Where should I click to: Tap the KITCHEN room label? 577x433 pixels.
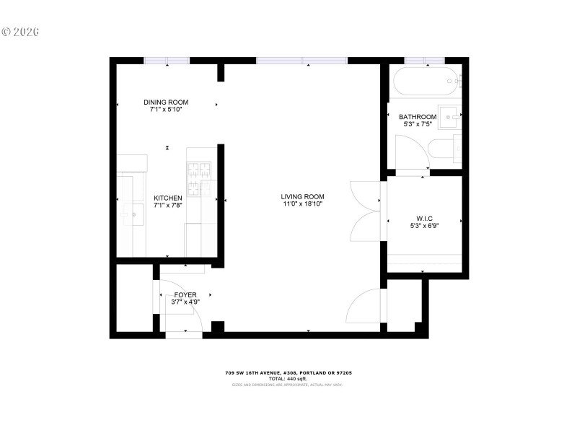point(167,197)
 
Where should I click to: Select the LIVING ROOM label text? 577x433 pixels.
point(302,196)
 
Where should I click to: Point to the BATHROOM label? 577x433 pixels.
point(418,117)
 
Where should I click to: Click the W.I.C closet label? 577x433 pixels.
point(423,218)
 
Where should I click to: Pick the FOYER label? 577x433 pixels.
point(185,294)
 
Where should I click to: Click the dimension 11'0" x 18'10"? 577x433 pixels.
point(302,204)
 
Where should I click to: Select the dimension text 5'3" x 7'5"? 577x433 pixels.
point(418,125)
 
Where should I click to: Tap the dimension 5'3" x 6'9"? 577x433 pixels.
point(423,226)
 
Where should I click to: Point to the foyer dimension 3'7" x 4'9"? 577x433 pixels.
point(185,302)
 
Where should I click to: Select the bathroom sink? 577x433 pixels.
point(450,115)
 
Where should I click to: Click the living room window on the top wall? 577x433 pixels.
point(301,61)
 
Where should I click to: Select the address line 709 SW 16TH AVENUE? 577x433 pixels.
point(288,373)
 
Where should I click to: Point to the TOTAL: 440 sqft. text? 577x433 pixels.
point(288,379)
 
